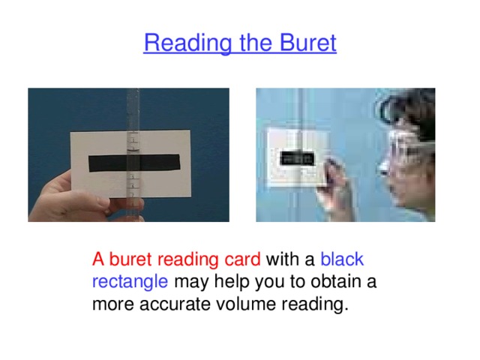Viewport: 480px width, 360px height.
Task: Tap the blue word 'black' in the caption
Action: point(342,260)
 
